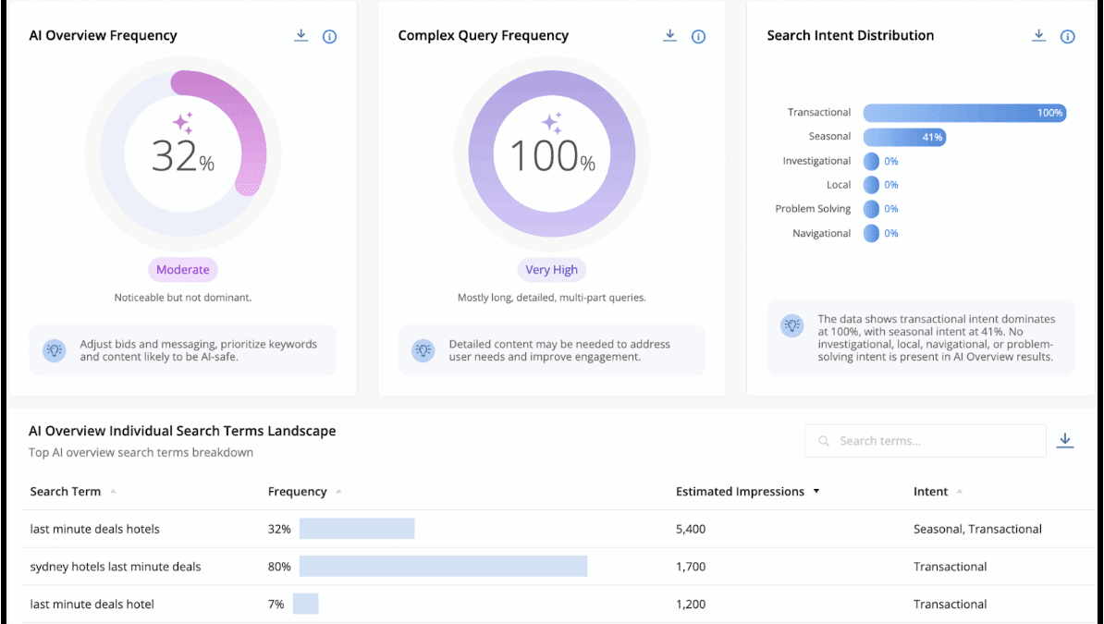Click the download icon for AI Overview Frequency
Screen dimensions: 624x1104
301,36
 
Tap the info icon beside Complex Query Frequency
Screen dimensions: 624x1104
698,37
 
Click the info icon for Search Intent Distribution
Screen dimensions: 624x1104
1067,37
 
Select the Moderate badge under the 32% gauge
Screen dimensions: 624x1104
183,270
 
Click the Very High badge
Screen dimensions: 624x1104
551,270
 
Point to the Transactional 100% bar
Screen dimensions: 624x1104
964,113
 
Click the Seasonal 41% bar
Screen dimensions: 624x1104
904,138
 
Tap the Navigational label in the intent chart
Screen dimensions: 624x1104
821,234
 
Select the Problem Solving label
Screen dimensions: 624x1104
813,209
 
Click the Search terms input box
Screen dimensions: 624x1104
925,441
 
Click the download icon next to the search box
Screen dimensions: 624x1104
1065,441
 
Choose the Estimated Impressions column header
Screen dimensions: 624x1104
740,492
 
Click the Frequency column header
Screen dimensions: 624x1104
297,492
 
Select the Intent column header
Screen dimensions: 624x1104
930,492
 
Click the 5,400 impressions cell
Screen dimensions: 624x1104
691,530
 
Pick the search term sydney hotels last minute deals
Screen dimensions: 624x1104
115,567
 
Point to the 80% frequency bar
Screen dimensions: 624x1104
443,566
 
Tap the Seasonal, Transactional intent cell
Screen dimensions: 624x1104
977,530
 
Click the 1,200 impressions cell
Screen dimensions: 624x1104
691,605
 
